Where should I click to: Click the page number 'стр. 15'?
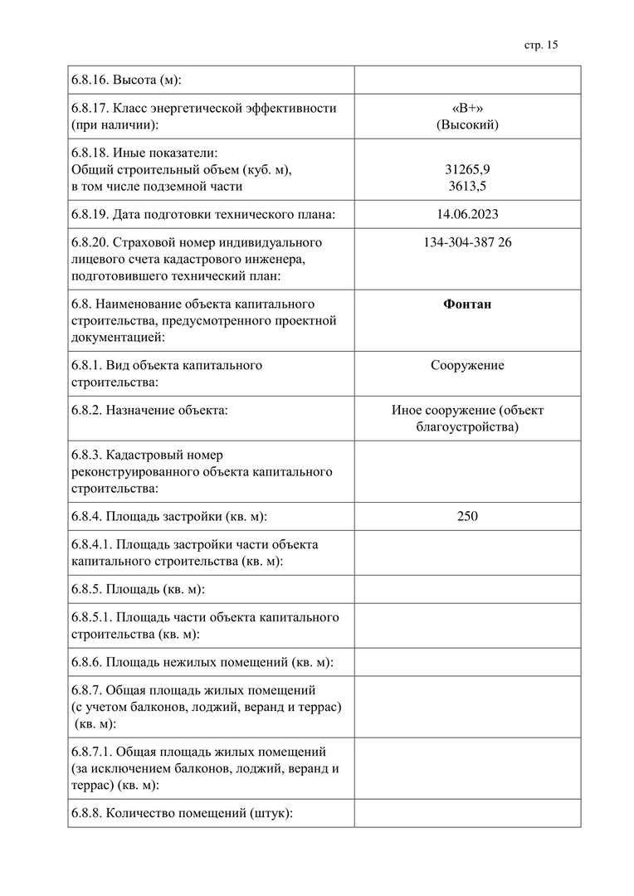pyautogui.click(x=541, y=45)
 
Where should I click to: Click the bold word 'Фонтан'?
pyautogui.click(x=467, y=304)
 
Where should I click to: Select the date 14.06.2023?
pyautogui.click(x=467, y=214)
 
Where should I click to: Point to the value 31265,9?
pyautogui.click(x=467, y=169)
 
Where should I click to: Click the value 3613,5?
pyautogui.click(x=467, y=186)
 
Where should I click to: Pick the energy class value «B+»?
pyautogui.click(x=467, y=108)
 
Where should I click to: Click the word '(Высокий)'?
pyautogui.click(x=467, y=124)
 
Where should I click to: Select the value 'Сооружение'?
pyautogui.click(x=467, y=365)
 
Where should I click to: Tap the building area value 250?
pyautogui.click(x=467, y=516)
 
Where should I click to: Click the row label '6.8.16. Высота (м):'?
pyautogui.click(x=126, y=80)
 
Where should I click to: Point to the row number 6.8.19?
pyautogui.click(x=90, y=214)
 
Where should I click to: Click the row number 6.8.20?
pyautogui.click(x=90, y=242)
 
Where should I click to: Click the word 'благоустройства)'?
pyautogui.click(x=467, y=426)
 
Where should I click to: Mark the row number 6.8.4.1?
pyautogui.click(x=91, y=544)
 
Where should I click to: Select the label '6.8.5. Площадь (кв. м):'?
pyautogui.click(x=138, y=589)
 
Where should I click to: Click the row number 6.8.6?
pyautogui.click(x=86, y=662)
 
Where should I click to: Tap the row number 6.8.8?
pyautogui.click(x=86, y=813)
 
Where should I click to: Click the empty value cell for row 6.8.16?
pyautogui.click(x=467, y=80)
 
